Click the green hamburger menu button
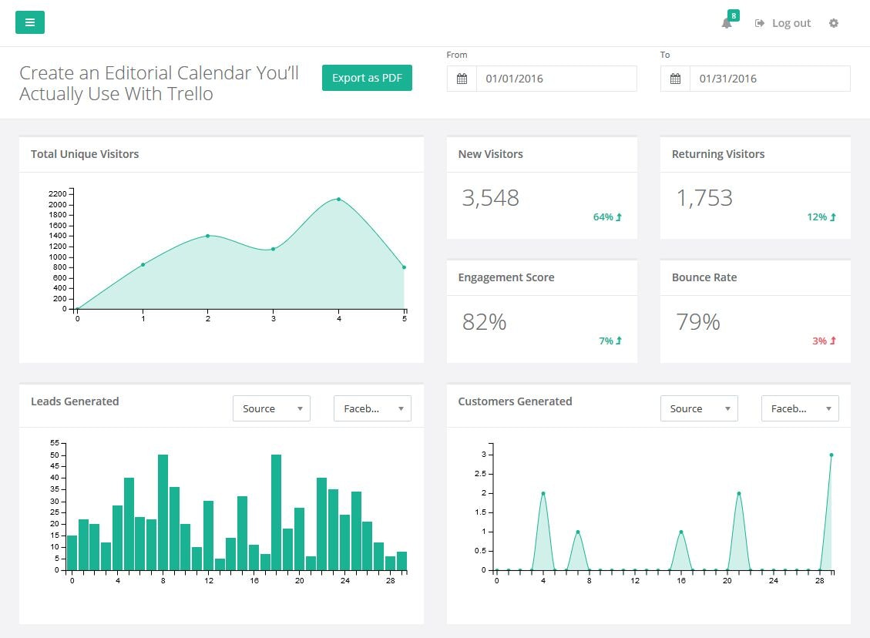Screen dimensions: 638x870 [x=30, y=22]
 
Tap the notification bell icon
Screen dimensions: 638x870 [x=727, y=23]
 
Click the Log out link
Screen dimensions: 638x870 [x=784, y=23]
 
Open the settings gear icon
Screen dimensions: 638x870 [x=834, y=23]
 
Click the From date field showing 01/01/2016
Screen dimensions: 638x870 [x=556, y=79]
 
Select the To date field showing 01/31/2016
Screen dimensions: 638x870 [x=769, y=79]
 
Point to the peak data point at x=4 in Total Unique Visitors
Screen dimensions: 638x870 [x=338, y=199]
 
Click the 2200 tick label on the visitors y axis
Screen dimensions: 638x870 [x=58, y=193]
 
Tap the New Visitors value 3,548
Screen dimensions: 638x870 [x=491, y=198]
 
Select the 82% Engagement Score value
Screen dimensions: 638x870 [x=485, y=321]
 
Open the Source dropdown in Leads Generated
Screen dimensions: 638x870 [x=271, y=408]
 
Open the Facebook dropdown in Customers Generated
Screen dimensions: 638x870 [x=800, y=408]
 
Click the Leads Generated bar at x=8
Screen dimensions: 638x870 [x=163, y=512]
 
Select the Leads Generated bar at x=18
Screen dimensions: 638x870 [x=276, y=512]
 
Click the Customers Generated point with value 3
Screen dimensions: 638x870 [x=831, y=455]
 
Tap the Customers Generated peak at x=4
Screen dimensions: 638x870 [x=543, y=493]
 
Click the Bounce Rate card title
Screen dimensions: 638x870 [x=704, y=277]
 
